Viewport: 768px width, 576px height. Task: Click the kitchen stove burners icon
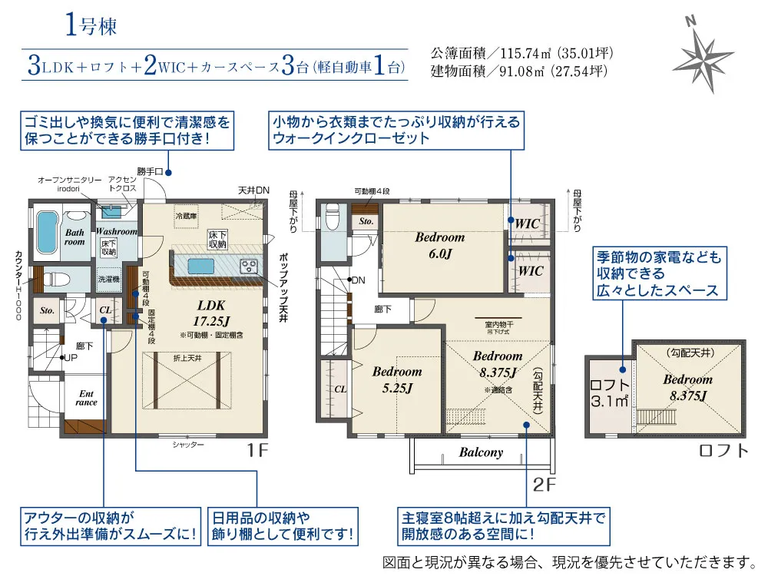click(x=250, y=266)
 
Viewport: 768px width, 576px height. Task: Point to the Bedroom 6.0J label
click(x=439, y=245)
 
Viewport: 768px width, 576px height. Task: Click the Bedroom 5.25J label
click(x=397, y=379)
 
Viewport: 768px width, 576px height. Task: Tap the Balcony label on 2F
click(x=481, y=452)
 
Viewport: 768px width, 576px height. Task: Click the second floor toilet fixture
click(x=332, y=217)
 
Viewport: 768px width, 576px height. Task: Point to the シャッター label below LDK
click(x=188, y=445)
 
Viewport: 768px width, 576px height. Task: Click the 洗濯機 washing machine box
click(x=108, y=280)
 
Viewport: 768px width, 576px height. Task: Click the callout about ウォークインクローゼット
click(x=396, y=130)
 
